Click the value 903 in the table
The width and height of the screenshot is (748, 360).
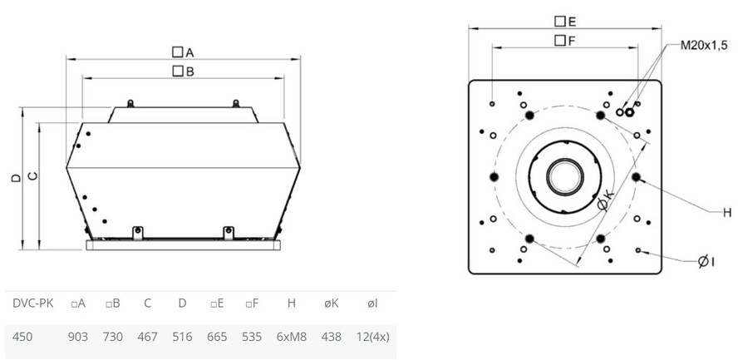[x=78, y=337]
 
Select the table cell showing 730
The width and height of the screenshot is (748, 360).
[x=112, y=337]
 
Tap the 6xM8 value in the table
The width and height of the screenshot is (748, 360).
[x=292, y=337]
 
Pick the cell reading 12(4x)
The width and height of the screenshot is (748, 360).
[x=372, y=337]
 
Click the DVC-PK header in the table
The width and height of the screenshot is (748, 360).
[x=33, y=303]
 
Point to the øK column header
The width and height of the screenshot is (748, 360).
[x=332, y=303]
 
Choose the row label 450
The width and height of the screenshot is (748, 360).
[x=22, y=337]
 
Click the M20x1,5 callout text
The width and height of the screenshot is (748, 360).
[x=704, y=46]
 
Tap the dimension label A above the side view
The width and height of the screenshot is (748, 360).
[x=183, y=52]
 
